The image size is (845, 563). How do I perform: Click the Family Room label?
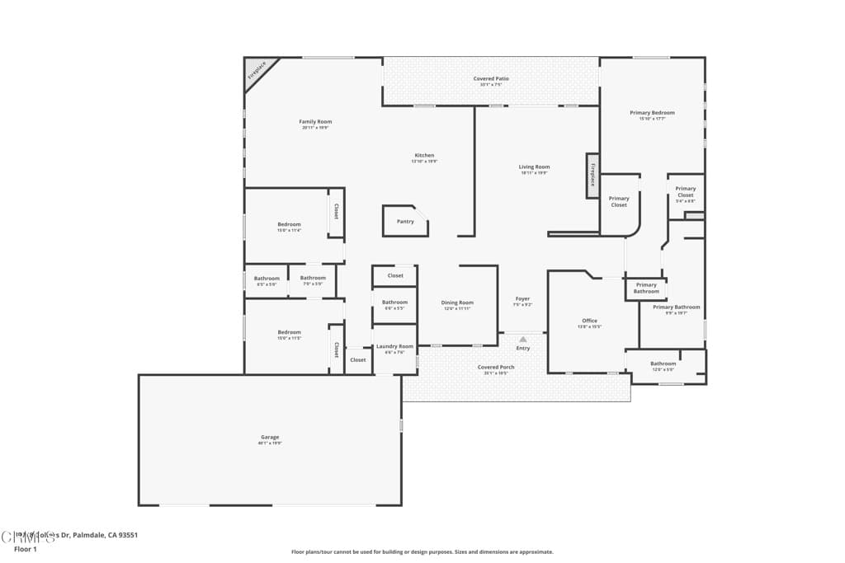point(315,122)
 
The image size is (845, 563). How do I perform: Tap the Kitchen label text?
point(424,156)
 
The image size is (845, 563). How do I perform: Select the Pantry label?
point(405,222)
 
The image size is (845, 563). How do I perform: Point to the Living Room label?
point(534,167)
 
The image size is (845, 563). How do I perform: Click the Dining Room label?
point(457,303)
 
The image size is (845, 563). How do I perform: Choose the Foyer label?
point(522,298)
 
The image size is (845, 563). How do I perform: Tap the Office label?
point(589,321)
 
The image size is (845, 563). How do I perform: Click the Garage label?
point(270,437)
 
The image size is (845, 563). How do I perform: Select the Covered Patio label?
point(491,79)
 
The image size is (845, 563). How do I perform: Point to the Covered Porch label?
point(496,368)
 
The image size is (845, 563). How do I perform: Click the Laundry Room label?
point(394,346)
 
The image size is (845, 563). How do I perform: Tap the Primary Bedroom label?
point(652,113)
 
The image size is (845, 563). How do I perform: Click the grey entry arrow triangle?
point(522,338)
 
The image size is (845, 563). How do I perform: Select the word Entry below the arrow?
point(523,348)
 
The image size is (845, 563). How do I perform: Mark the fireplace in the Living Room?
point(592,176)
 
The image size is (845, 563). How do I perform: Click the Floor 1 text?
point(26,548)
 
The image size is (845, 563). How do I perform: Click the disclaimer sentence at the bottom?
point(422,552)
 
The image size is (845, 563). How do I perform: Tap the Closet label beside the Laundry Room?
point(357,360)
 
